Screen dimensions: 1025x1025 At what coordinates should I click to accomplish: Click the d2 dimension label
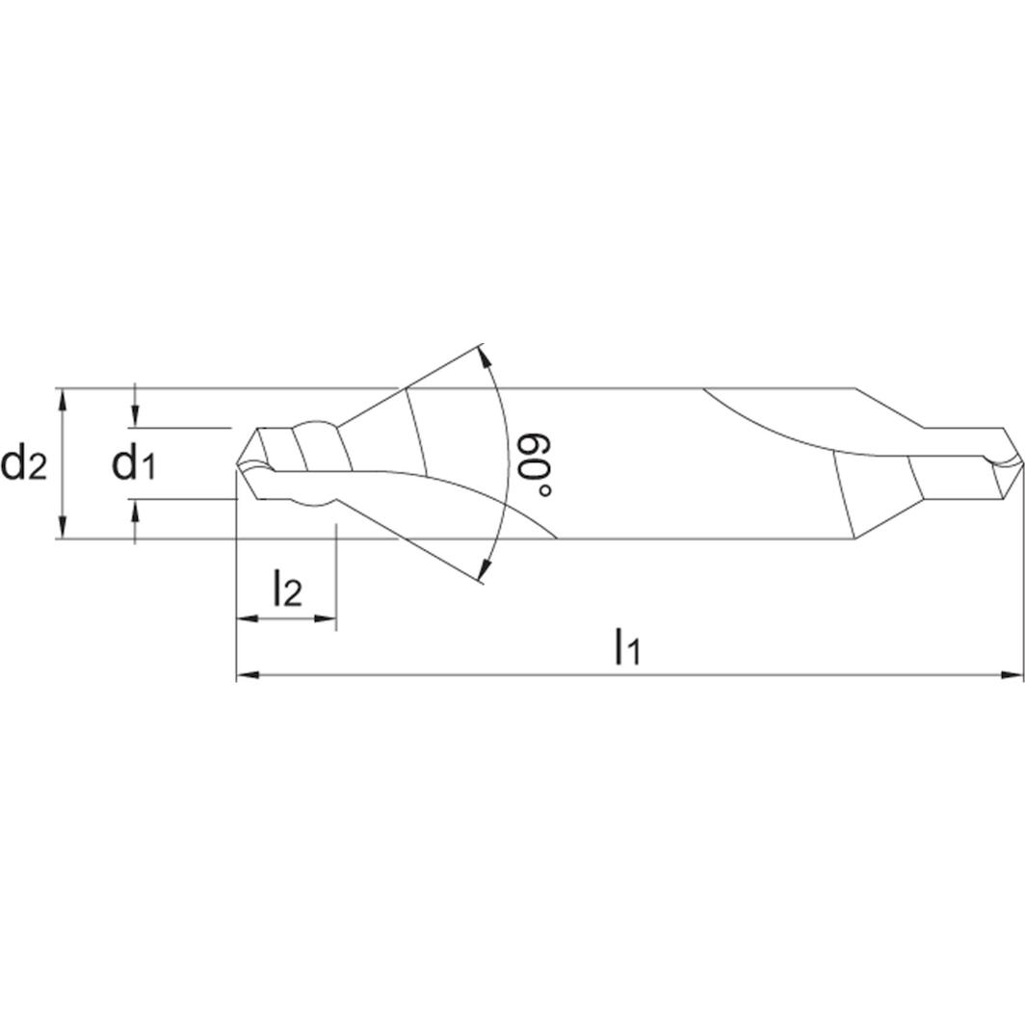24,463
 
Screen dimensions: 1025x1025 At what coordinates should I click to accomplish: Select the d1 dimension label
134,463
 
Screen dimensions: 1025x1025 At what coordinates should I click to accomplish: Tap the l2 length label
287,589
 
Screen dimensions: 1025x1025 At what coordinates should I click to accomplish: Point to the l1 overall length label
627,647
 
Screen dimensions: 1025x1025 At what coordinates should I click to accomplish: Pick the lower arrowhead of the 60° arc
485,571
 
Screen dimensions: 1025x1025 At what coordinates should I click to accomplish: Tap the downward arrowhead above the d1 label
136,417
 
